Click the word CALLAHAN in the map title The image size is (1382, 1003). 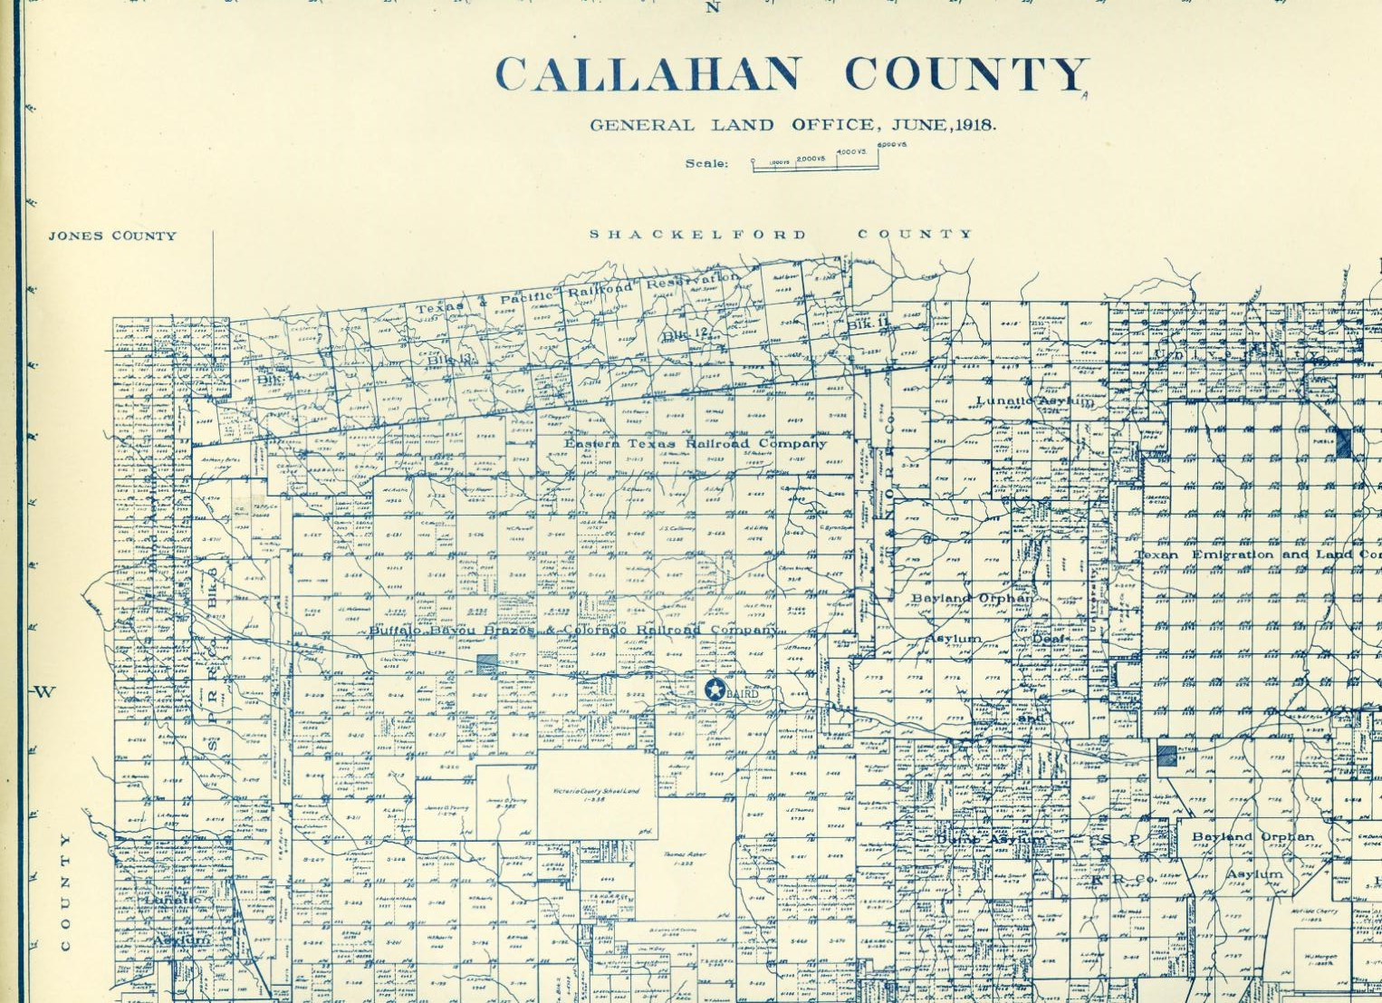click(648, 74)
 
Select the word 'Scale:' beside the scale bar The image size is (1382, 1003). click(706, 164)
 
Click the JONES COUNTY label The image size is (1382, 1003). click(112, 236)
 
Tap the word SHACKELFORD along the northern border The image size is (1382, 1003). click(697, 235)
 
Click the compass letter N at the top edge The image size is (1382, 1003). click(713, 8)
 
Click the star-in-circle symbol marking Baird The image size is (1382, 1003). click(715, 689)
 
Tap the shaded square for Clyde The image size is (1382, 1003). click(487, 664)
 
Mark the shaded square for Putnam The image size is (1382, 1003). click(1167, 755)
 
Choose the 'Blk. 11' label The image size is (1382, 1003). click(869, 323)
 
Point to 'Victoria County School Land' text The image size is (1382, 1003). click(596, 791)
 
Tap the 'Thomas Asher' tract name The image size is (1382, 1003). click(684, 854)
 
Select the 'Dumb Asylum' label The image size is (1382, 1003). click(989, 840)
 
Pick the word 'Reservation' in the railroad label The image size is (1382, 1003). click(692, 281)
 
